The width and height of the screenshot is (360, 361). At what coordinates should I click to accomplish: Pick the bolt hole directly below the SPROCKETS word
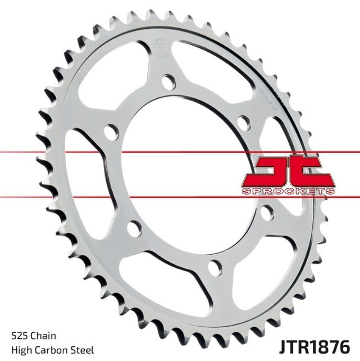click(x=266, y=212)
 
